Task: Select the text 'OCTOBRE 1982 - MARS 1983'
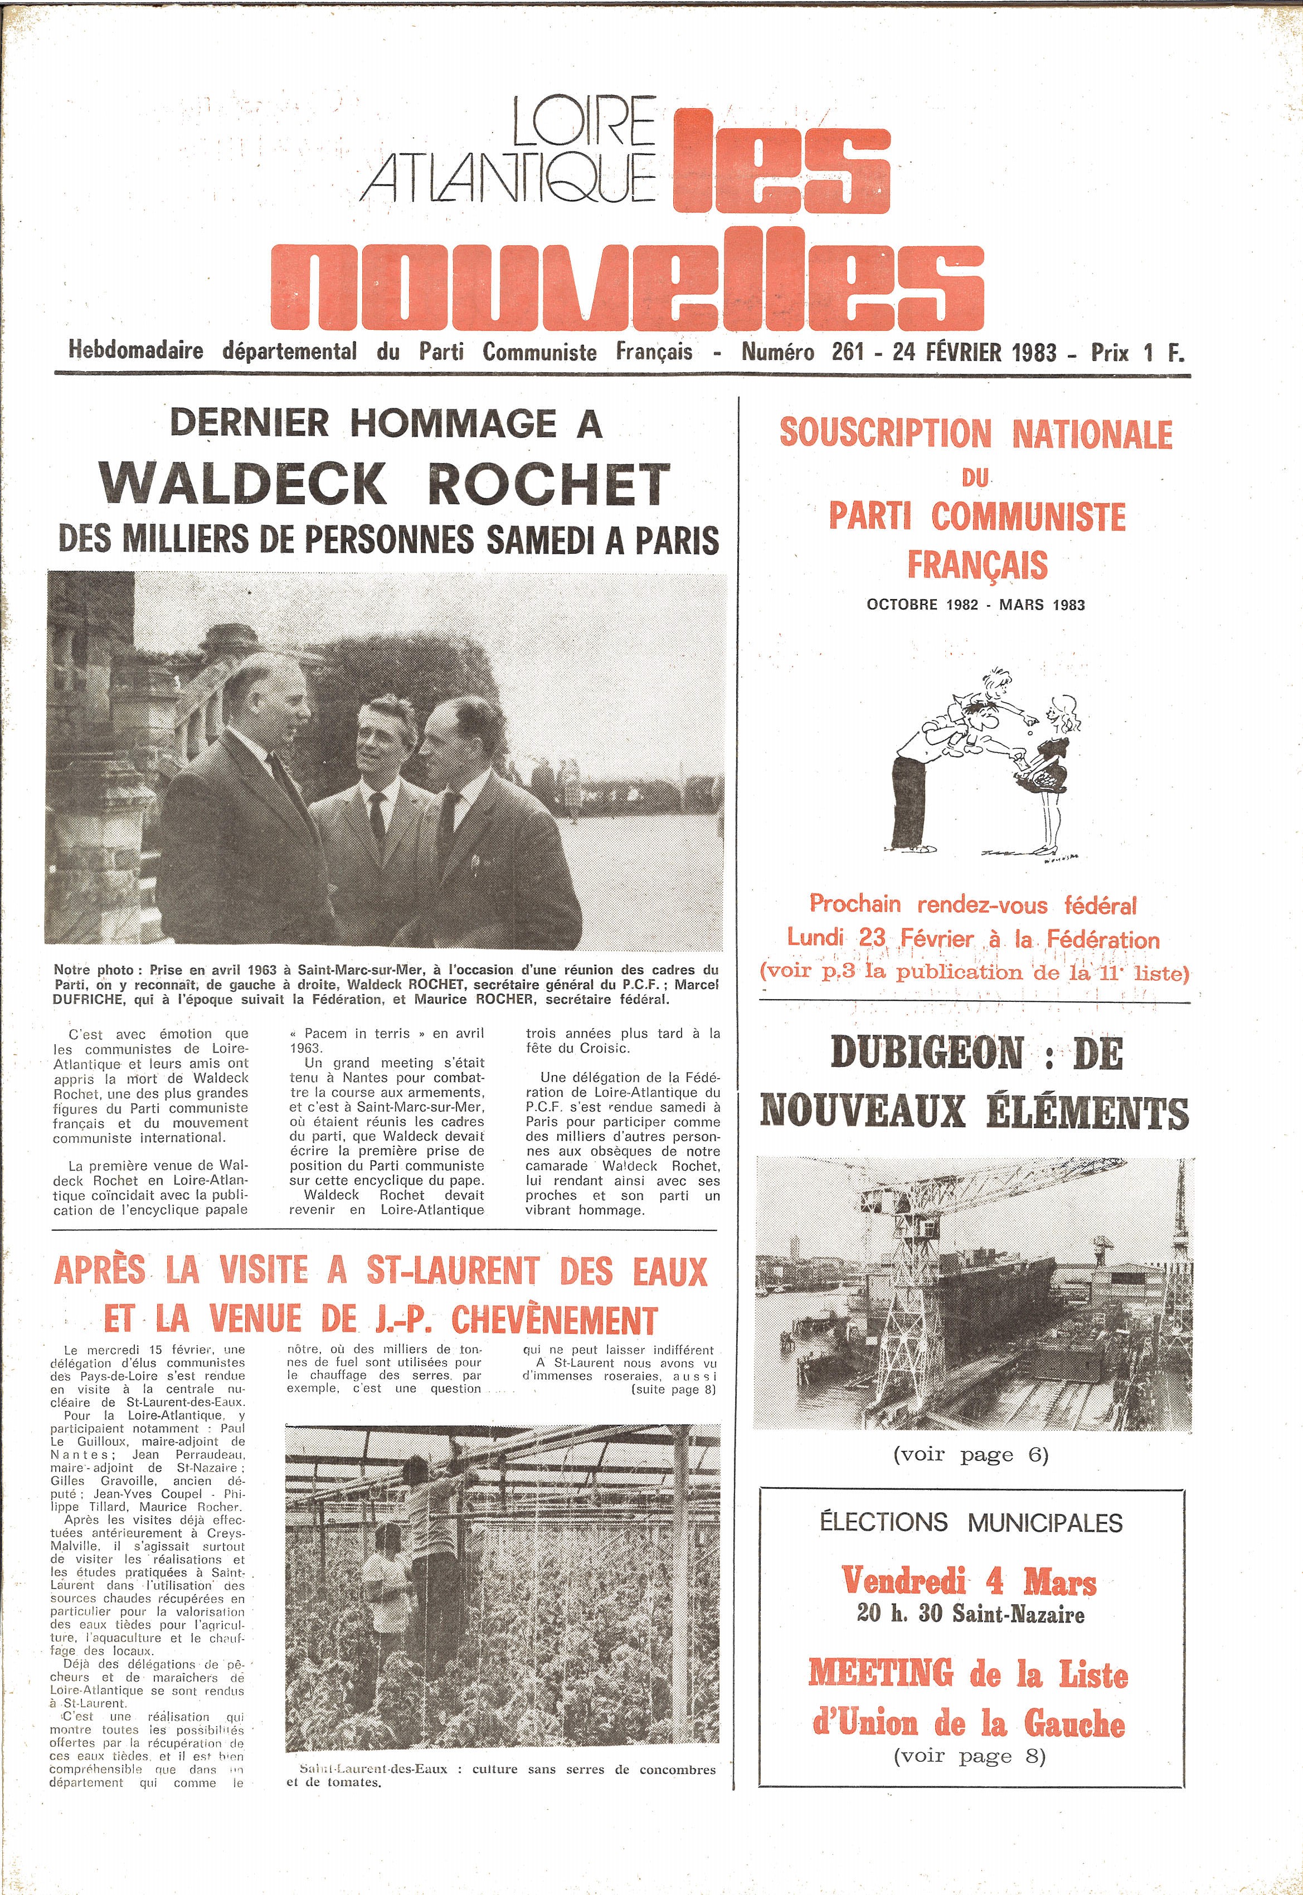click(x=976, y=605)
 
